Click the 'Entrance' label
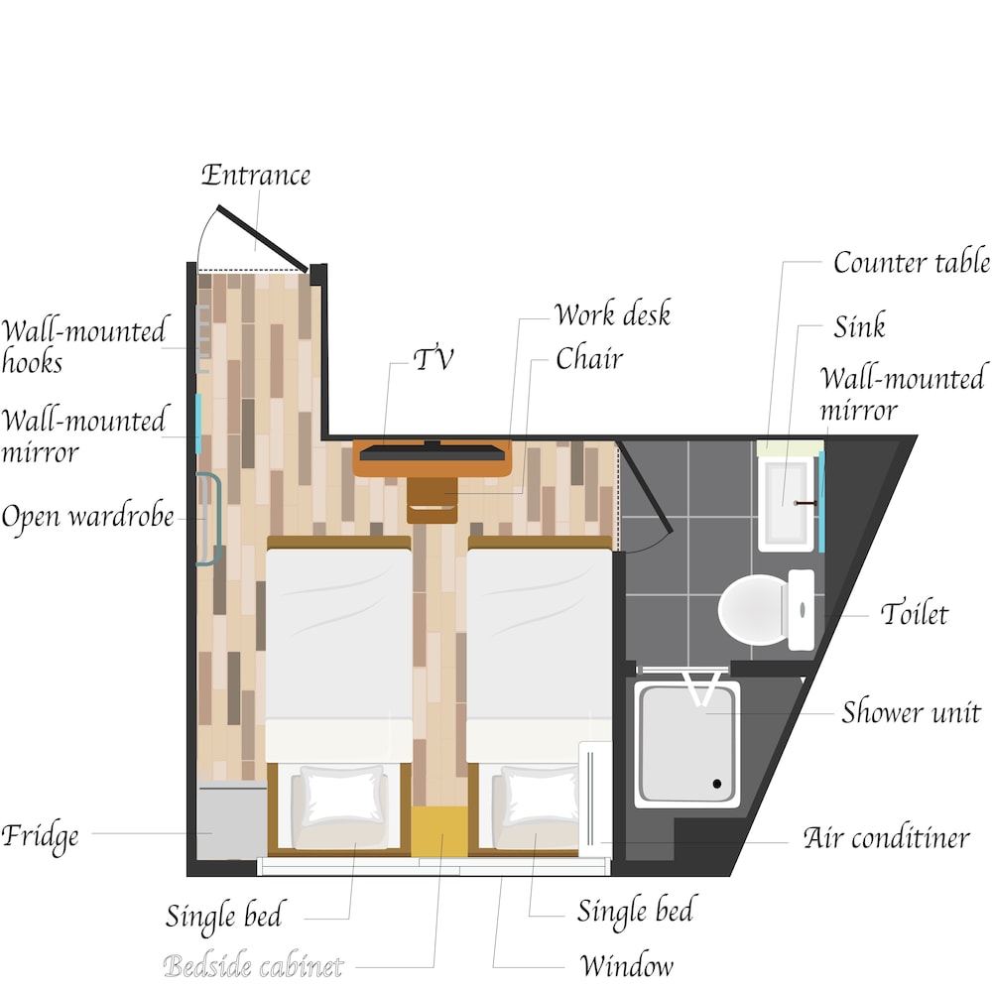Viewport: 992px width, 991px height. (256, 176)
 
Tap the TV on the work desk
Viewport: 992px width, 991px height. (431, 453)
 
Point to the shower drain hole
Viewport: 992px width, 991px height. (717, 784)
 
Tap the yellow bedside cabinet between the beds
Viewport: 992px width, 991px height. (438, 831)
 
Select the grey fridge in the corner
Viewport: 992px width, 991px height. (231, 819)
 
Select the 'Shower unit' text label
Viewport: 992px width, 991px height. (911, 712)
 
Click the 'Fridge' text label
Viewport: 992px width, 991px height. (40, 835)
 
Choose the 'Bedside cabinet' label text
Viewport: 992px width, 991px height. (253, 965)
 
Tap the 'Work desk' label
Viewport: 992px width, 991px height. (612, 315)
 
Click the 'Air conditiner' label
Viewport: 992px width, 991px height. (886, 837)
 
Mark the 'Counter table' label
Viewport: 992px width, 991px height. (911, 263)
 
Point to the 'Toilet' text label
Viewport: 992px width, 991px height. (914, 614)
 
